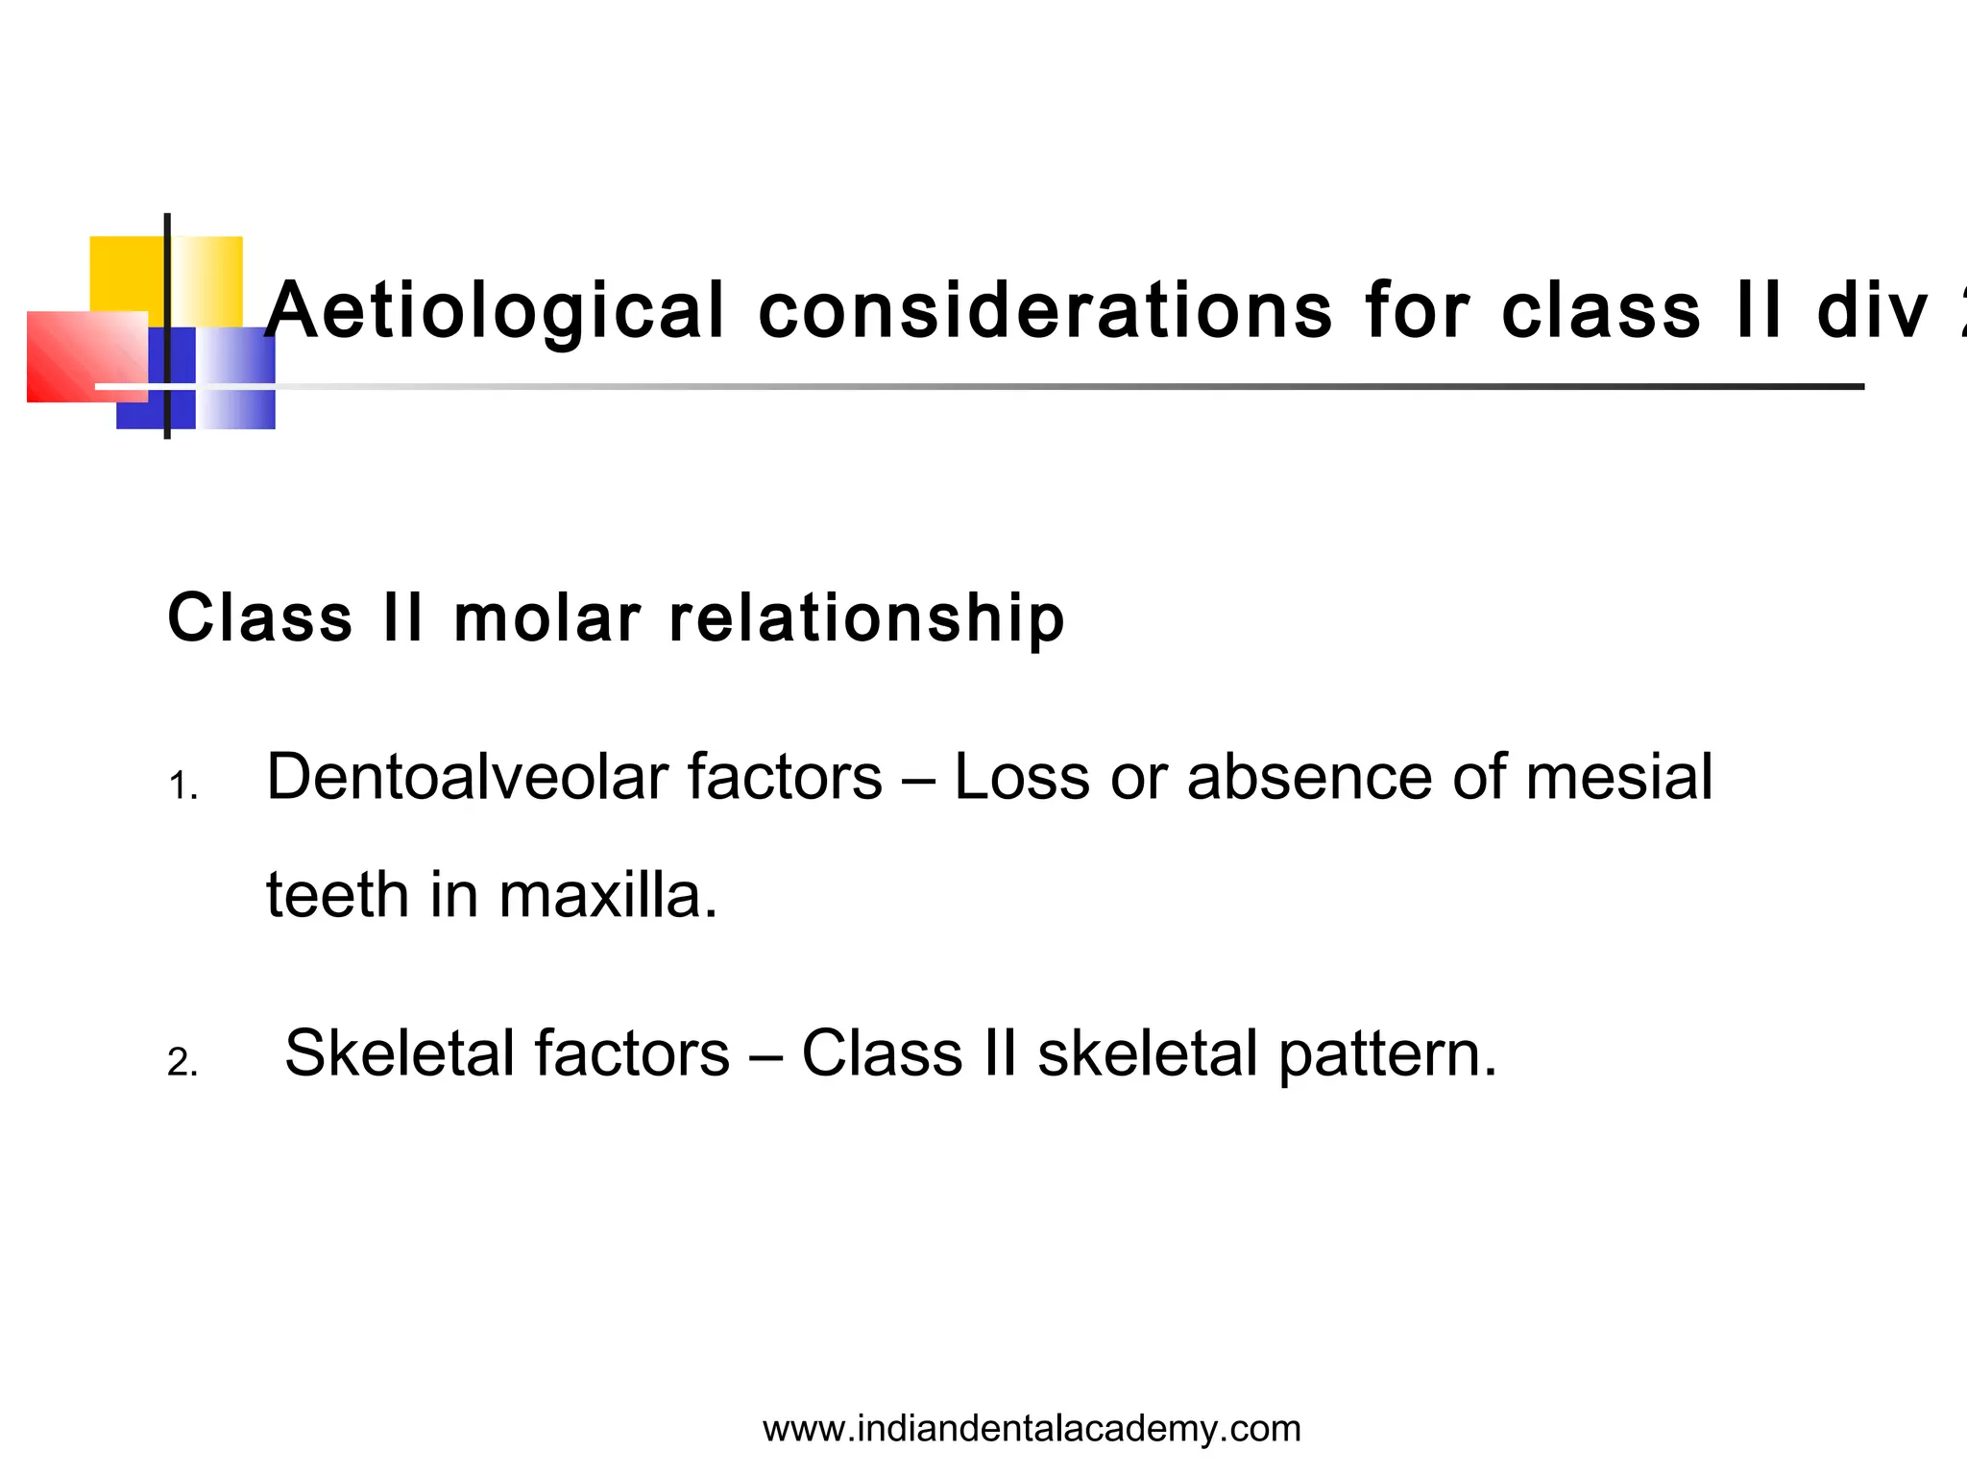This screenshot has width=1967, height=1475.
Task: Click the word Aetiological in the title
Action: (495, 311)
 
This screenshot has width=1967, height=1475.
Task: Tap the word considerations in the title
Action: (1045, 311)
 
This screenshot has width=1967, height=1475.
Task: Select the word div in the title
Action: (1872, 311)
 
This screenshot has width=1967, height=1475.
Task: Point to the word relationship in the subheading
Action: (866, 619)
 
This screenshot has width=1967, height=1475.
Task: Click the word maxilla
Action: (607, 895)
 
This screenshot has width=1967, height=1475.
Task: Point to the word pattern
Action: (1387, 1054)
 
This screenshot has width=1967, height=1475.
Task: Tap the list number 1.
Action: (182, 787)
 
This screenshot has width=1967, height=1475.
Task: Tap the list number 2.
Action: (182, 1063)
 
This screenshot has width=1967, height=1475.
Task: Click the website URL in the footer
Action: (1032, 1429)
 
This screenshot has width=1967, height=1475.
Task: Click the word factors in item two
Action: (631, 1052)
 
